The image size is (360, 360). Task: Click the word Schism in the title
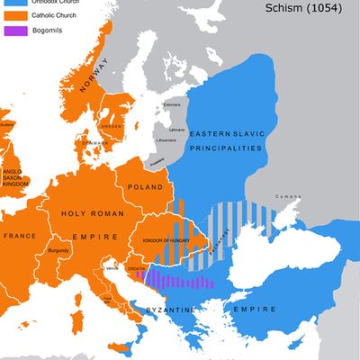click(x=286, y=8)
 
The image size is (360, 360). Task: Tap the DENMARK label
click(x=94, y=142)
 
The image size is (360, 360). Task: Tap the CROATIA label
click(x=138, y=267)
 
